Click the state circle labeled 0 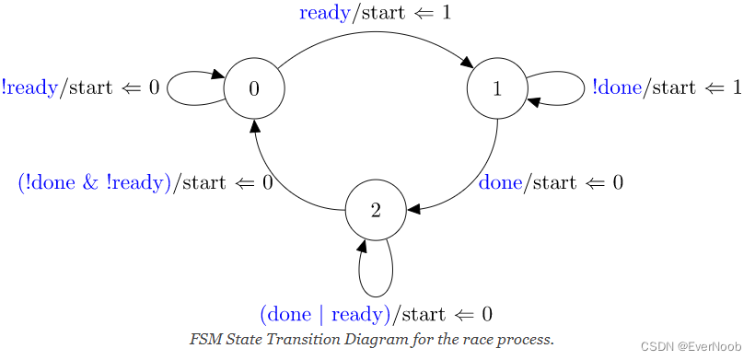pos(254,88)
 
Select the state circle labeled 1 pos(497,88)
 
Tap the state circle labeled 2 pos(376,210)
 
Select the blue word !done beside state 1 pos(618,87)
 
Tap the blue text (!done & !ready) pos(95,182)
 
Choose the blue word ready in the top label pos(325,14)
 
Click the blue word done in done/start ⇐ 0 pos(501,182)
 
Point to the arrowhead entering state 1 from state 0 pos(469,64)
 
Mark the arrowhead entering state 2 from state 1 pos(413,210)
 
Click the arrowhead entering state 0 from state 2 pos(255,125)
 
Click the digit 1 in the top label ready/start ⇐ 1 pos(447,14)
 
